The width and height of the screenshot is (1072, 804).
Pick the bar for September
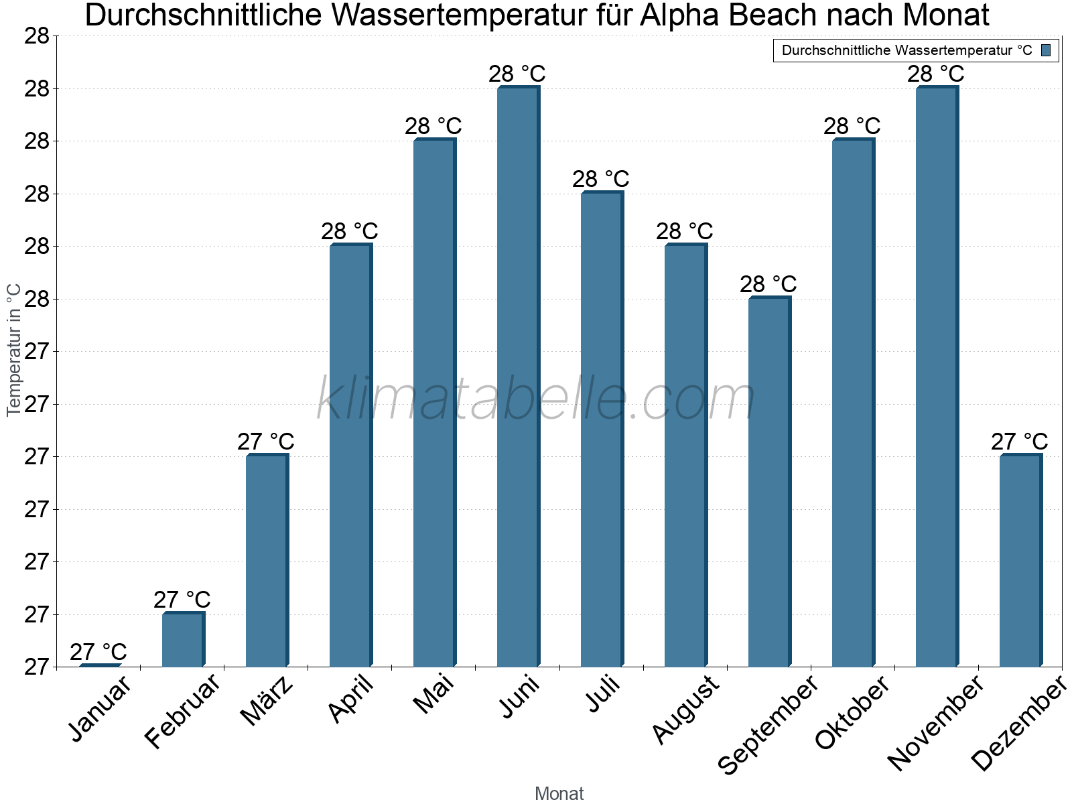tap(768, 482)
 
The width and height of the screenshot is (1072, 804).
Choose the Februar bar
tap(182, 640)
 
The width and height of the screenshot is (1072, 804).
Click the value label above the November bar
tap(935, 74)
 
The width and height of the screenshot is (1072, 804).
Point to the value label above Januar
tap(98, 652)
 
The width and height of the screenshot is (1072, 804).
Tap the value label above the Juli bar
tap(600, 179)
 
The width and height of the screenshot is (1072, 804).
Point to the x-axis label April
tap(351, 699)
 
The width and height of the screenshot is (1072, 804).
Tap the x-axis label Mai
tap(433, 694)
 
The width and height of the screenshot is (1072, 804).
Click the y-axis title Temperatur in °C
tap(14, 350)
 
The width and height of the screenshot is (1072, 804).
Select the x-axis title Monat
tap(559, 794)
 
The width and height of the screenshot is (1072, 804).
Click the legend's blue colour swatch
tap(1046, 50)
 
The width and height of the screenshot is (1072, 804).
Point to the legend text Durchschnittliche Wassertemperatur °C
tap(907, 50)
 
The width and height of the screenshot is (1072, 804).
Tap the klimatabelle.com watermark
tap(536, 399)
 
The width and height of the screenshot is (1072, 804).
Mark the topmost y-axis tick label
tap(37, 36)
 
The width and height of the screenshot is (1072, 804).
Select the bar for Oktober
tap(852, 403)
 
